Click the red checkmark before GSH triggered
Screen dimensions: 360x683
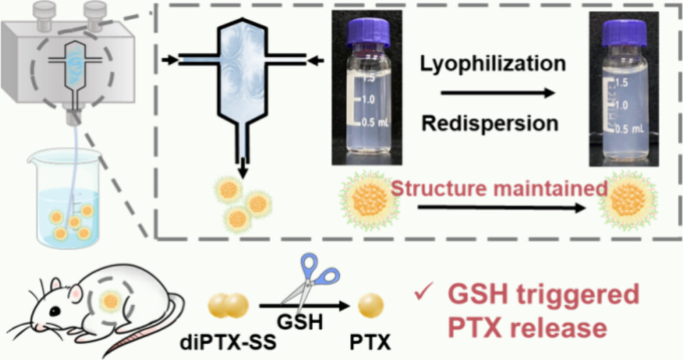point(423,296)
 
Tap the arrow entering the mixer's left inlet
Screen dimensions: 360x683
point(167,61)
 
